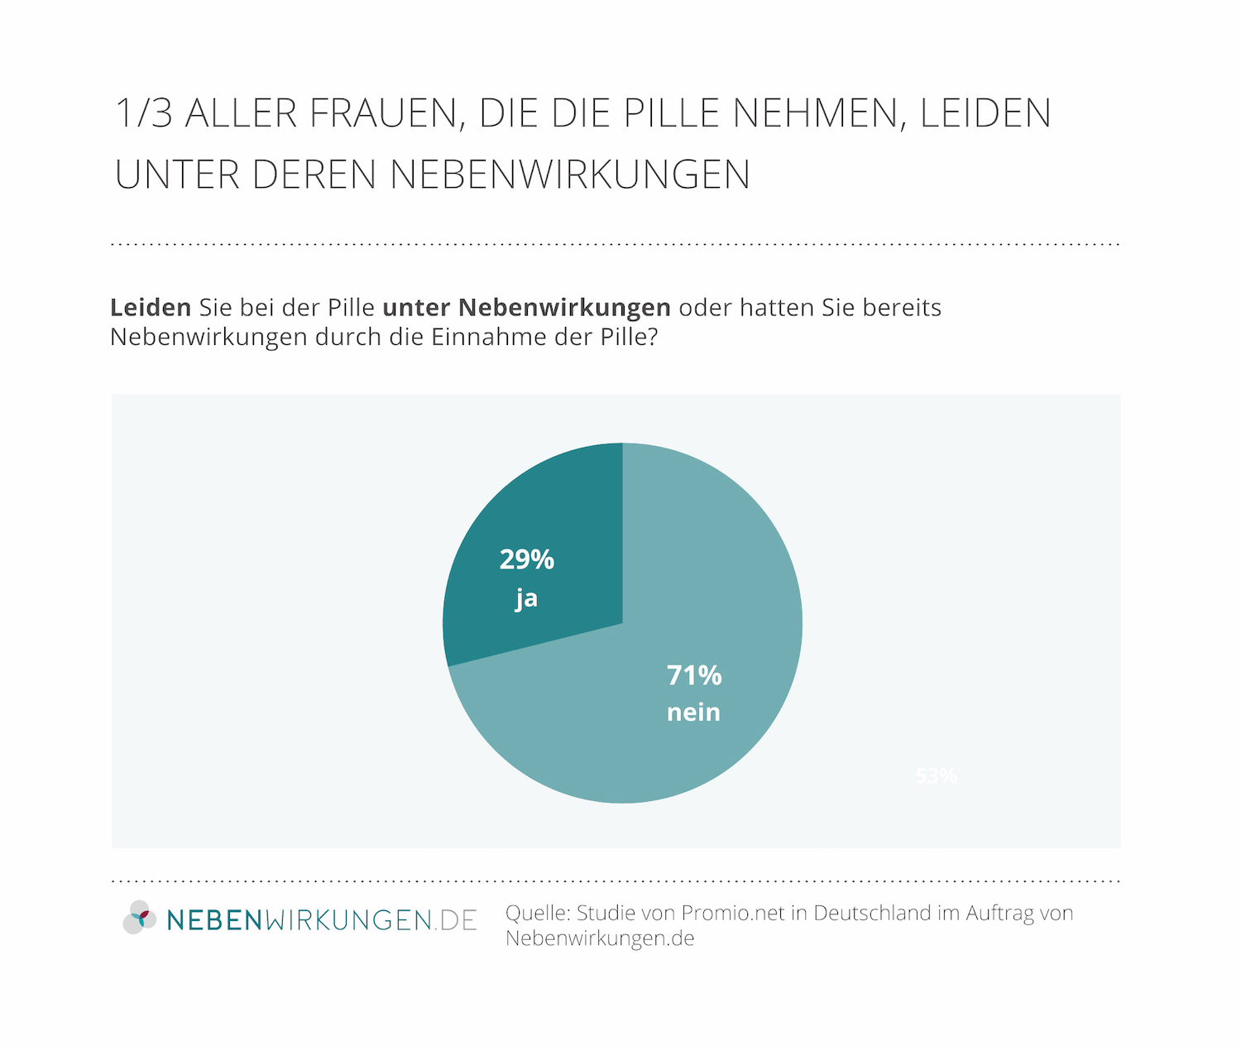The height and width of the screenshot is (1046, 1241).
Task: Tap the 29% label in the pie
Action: click(x=527, y=560)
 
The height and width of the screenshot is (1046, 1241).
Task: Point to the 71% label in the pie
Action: click(x=694, y=676)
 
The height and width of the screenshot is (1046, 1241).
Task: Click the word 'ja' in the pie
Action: click(x=526, y=598)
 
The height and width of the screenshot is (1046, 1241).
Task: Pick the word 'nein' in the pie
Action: click(x=693, y=713)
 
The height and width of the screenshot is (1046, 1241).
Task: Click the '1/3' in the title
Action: click(x=144, y=113)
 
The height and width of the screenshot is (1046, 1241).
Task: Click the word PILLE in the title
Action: click(x=671, y=113)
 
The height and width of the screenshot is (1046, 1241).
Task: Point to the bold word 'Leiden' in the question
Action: click(x=151, y=308)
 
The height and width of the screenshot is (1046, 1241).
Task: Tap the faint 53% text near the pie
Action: click(x=936, y=776)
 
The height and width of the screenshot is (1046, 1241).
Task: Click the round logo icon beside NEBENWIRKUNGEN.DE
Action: click(x=140, y=918)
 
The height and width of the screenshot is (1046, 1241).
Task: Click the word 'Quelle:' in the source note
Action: click(x=538, y=914)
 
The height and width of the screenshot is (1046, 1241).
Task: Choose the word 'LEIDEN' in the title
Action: click(x=985, y=113)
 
